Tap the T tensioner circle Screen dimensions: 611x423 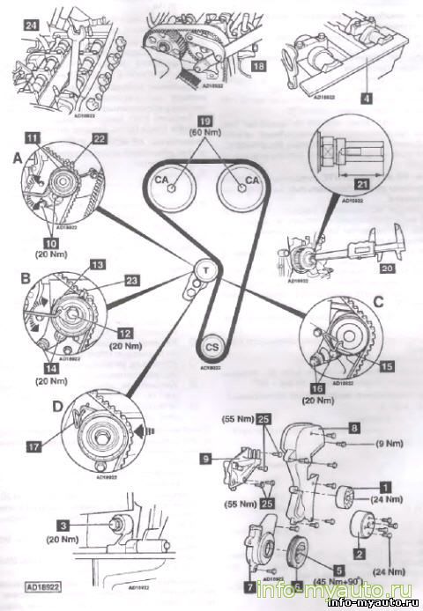click(204, 269)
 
